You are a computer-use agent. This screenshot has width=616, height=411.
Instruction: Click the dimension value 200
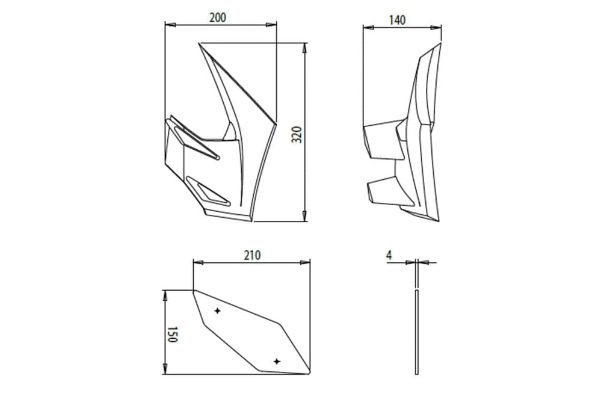pyautogui.click(x=218, y=17)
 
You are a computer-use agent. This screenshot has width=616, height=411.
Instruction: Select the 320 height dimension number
pyautogui.click(x=297, y=135)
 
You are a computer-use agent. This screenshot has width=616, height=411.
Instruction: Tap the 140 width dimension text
pyautogui.click(x=397, y=20)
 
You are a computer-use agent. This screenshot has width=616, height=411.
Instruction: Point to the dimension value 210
pyautogui.click(x=252, y=255)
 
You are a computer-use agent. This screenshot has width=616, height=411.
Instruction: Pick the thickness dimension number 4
pyautogui.click(x=389, y=255)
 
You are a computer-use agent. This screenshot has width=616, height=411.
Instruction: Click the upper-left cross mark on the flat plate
pyautogui.click(x=217, y=311)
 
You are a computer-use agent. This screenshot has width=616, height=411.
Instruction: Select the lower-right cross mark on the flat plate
pyautogui.click(x=277, y=361)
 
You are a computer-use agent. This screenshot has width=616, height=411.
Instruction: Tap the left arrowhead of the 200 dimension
pyautogui.click(x=170, y=25)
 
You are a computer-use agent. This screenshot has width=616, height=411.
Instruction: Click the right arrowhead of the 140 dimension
pyautogui.click(x=436, y=28)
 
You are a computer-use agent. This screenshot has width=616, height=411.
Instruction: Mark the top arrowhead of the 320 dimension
pyautogui.click(x=304, y=49)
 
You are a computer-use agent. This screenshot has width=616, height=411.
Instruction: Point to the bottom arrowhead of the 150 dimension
pyautogui.click(x=165, y=368)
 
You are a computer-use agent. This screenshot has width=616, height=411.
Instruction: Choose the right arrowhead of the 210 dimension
pyautogui.click(x=305, y=262)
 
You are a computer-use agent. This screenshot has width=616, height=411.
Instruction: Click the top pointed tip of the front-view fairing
pyautogui.click(x=199, y=43)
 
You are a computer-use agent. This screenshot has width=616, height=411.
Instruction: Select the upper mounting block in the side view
pyautogui.click(x=383, y=140)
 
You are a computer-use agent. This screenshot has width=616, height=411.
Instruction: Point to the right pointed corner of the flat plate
pyautogui.click(x=310, y=371)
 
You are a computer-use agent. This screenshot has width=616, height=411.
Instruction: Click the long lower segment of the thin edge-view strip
pyautogui.click(x=417, y=332)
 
